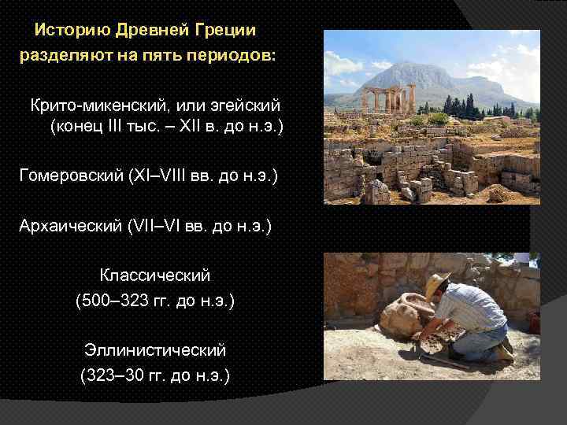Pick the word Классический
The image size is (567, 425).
click(155, 276)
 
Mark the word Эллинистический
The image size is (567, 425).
click(155, 350)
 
